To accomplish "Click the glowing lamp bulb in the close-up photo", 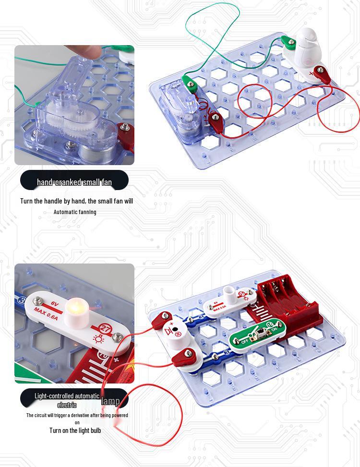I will (x=74, y=306).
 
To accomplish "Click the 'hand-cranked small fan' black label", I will (x=74, y=182).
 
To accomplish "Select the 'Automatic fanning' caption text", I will (x=74, y=212).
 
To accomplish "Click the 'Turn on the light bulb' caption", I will (x=75, y=430).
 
